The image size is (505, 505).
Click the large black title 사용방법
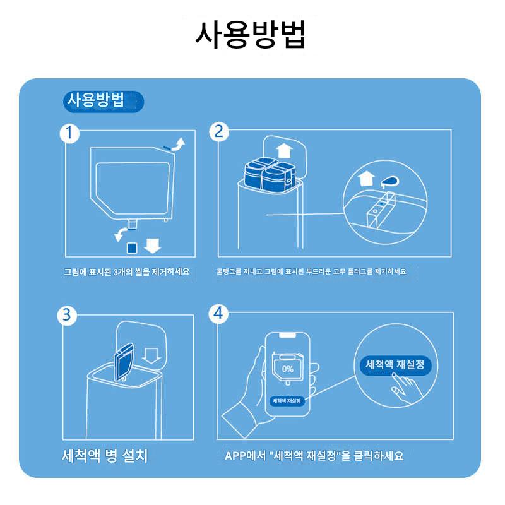(x=250, y=35)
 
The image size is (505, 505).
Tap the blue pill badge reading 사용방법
(x=103, y=102)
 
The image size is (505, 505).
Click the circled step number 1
(x=69, y=133)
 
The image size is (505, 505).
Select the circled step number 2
(x=218, y=132)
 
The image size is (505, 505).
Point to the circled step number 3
(x=67, y=315)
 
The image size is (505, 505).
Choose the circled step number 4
(x=218, y=313)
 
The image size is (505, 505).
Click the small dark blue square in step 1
(x=132, y=248)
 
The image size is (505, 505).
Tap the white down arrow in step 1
(x=152, y=246)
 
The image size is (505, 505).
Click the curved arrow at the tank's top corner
(x=178, y=145)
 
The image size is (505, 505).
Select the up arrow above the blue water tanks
(x=285, y=151)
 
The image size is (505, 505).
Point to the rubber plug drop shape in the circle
(x=389, y=182)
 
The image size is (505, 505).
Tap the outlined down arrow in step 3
(x=151, y=356)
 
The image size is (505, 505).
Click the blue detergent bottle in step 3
(x=124, y=362)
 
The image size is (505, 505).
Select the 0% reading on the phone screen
(x=287, y=369)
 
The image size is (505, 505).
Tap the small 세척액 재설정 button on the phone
(x=287, y=401)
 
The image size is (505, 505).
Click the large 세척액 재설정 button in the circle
(x=395, y=365)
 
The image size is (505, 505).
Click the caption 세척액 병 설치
(x=105, y=456)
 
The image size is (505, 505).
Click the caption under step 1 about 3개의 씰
(x=127, y=272)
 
